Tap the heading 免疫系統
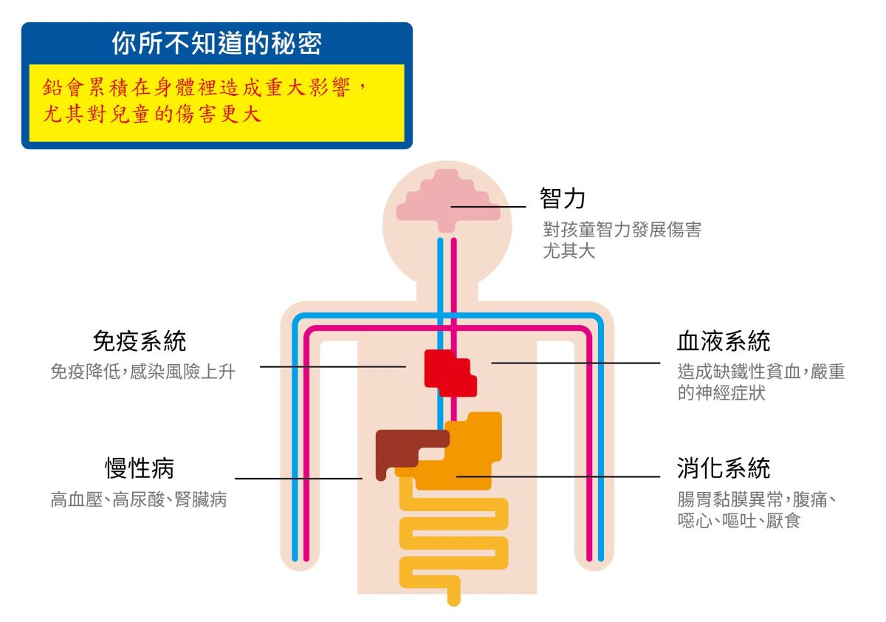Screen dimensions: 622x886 (x=139, y=341)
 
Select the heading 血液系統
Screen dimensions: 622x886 (x=724, y=341)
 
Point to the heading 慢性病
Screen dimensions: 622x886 (x=139, y=468)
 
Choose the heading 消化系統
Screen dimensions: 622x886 (x=724, y=468)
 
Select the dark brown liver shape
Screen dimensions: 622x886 (x=402, y=446)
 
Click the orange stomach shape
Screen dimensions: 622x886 (x=473, y=451)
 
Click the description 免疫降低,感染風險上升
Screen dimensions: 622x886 (x=142, y=372)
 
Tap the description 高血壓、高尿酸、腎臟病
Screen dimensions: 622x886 (x=138, y=500)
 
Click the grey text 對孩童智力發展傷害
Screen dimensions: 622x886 (x=622, y=230)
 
